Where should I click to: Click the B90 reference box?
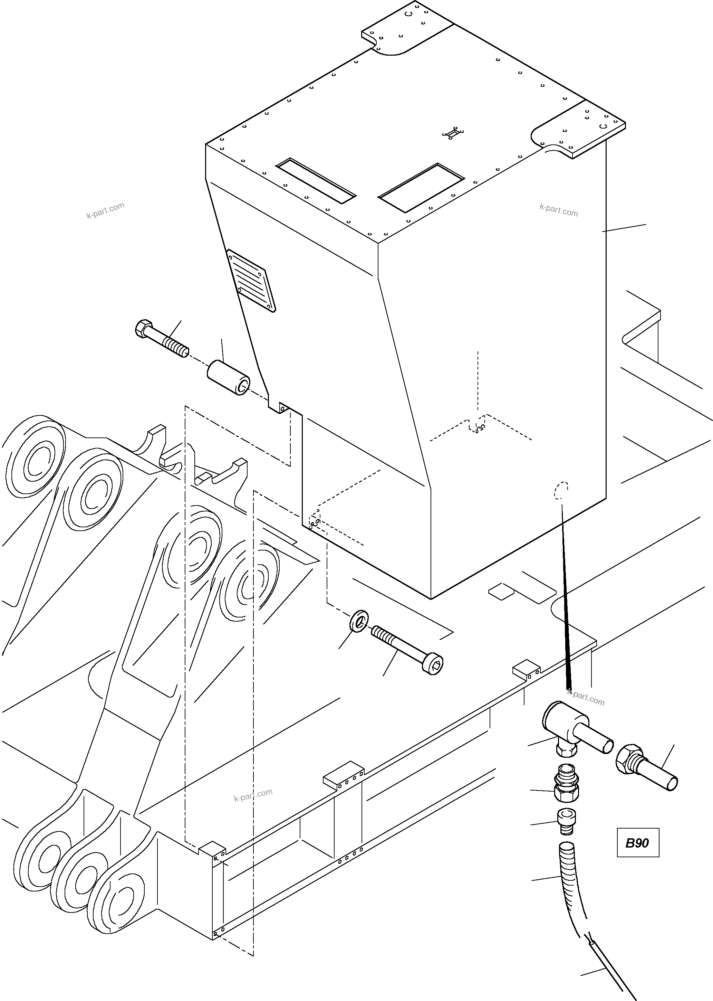point(637,843)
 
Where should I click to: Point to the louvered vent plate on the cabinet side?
point(251,280)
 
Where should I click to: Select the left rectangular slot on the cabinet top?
point(315,180)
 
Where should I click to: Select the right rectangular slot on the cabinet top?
point(421,187)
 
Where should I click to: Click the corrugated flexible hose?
point(571,883)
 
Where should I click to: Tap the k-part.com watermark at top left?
point(105,210)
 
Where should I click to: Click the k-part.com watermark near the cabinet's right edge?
point(558,210)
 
